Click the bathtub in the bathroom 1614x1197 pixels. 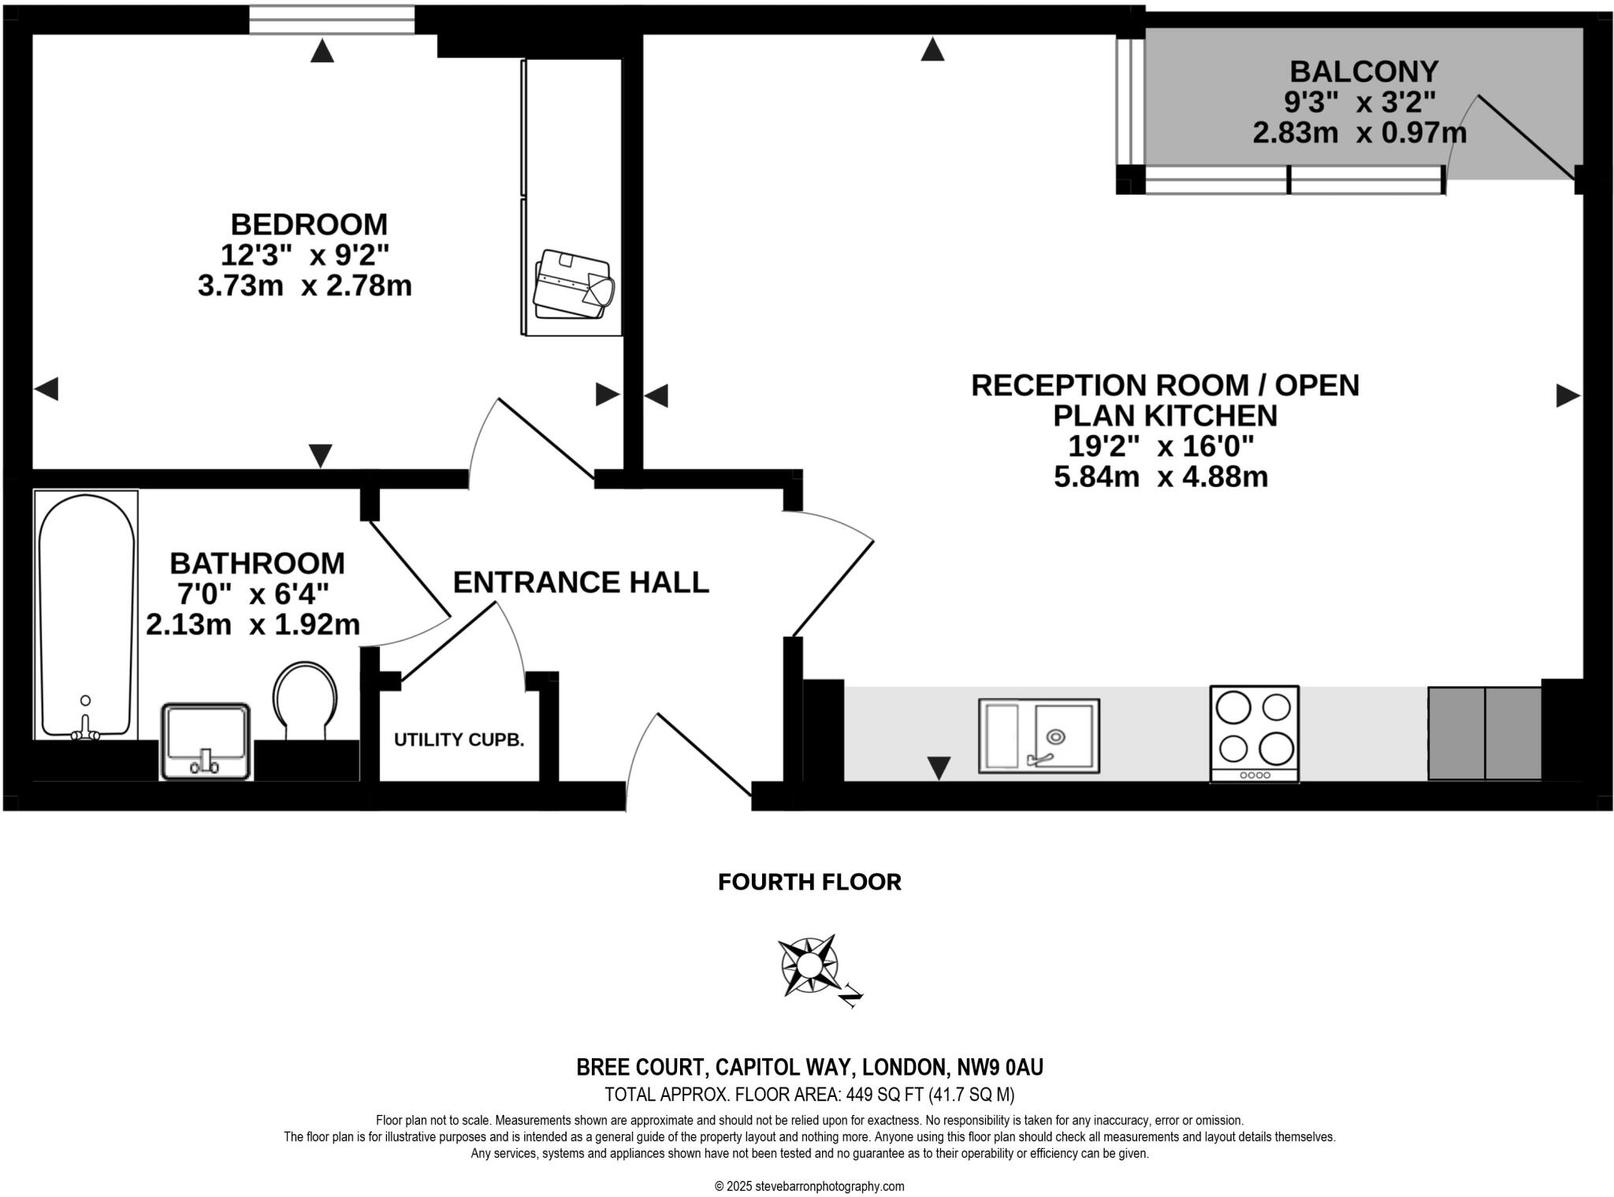(x=86, y=615)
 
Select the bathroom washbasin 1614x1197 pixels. (x=206, y=741)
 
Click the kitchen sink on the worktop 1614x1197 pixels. (x=1039, y=735)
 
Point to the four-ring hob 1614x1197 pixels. (x=1255, y=734)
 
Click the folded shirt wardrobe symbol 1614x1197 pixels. (x=573, y=284)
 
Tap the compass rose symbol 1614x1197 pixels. (x=809, y=966)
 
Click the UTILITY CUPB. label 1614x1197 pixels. (x=459, y=740)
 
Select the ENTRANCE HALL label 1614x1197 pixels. (x=581, y=582)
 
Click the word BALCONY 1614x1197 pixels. (x=1364, y=72)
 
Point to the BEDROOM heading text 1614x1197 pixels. (x=309, y=225)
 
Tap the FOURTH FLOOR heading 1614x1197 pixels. (x=809, y=882)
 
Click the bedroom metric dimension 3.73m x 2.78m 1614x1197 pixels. (x=305, y=285)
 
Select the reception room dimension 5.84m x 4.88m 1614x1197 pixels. (x=1161, y=477)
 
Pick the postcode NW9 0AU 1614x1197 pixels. (x=1000, y=1067)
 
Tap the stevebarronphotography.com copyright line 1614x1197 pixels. (x=809, y=1186)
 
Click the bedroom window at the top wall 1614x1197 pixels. (x=332, y=20)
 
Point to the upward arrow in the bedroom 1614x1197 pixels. (x=322, y=52)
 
